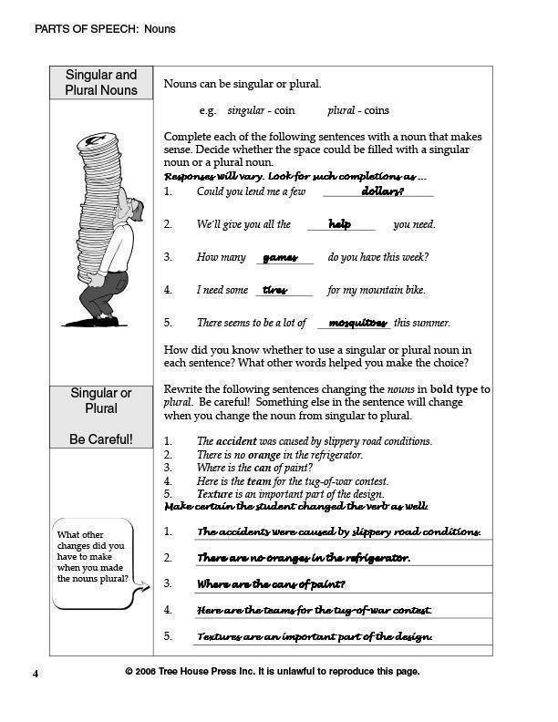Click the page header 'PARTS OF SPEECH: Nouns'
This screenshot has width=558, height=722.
105,29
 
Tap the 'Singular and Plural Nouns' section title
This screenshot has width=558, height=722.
101,82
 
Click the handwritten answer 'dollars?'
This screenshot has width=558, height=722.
382,191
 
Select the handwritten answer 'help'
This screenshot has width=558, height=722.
339,224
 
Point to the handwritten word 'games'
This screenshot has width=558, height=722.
280,258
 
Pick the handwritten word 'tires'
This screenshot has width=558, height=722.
274,291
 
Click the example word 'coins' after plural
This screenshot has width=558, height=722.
376,110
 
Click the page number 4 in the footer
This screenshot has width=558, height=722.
36,673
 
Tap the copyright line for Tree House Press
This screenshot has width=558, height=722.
272,672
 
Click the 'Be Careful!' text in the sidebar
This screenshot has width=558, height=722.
101,439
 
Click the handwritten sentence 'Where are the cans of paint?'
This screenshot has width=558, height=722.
271,583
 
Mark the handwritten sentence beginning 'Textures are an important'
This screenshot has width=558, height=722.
315,636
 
